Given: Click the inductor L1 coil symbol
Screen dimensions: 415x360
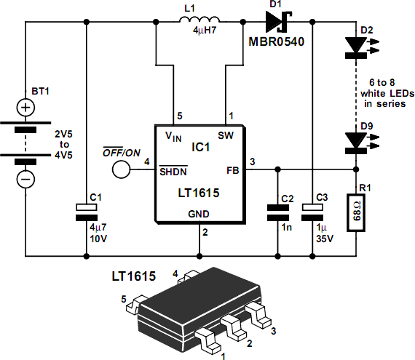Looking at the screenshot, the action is pyautogui.click(x=199, y=20).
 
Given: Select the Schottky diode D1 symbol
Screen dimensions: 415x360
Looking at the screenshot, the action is pyautogui.click(x=278, y=22).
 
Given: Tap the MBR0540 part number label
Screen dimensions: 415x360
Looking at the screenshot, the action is pyautogui.click(x=277, y=41).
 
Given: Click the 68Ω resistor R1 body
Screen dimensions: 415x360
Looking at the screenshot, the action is pyautogui.click(x=356, y=213).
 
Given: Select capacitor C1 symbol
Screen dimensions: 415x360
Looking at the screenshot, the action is pyautogui.click(x=87, y=212).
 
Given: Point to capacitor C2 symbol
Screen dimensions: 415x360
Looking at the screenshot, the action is pyautogui.click(x=277, y=212).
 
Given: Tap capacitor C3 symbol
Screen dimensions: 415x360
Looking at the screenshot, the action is pyautogui.click(x=312, y=212).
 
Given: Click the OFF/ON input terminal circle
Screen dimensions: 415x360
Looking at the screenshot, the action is pyautogui.click(x=121, y=169).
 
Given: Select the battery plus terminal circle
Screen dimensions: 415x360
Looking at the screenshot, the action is pyautogui.click(x=25, y=108).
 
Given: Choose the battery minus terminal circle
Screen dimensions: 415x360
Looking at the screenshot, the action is pyautogui.click(x=25, y=179).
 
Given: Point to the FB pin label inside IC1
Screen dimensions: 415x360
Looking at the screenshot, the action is pyautogui.click(x=233, y=170).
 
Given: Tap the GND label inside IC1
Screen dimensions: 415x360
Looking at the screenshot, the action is pyautogui.click(x=199, y=214).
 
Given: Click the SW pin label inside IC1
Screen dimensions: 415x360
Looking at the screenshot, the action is pyautogui.click(x=226, y=135).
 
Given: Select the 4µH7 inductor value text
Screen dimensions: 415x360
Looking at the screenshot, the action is pyautogui.click(x=205, y=31).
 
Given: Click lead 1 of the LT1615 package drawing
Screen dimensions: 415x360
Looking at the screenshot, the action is pyautogui.click(x=207, y=341).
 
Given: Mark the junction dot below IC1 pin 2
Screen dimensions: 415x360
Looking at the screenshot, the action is pyautogui.click(x=199, y=256).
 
